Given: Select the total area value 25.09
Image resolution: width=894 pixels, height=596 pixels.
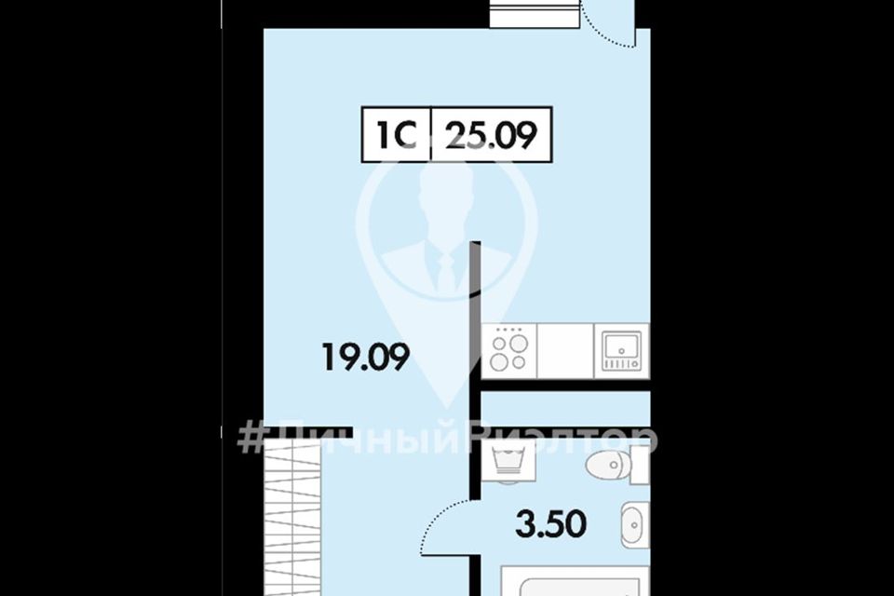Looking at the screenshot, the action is click(492, 136).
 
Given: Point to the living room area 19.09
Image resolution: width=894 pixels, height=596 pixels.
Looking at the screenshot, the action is click(366, 358).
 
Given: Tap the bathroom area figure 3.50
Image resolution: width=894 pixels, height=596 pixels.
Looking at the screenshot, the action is click(550, 524).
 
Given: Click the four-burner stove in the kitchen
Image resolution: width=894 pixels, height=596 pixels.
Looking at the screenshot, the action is click(509, 351).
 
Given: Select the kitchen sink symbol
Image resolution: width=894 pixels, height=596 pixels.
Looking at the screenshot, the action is click(622, 351).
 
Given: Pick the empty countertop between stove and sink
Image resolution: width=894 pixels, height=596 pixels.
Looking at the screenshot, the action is click(565, 351).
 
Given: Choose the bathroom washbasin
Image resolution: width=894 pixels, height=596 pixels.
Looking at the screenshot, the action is click(635, 524).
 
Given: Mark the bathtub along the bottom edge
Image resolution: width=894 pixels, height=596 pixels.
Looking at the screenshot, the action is click(575, 581).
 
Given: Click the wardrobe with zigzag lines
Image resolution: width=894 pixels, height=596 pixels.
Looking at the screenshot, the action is click(292, 519).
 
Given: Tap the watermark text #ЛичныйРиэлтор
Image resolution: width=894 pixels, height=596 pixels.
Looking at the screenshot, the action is click(447, 440).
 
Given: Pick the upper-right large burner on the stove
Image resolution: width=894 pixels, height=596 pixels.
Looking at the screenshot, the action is click(519, 344).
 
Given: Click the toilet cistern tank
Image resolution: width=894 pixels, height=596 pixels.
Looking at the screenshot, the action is click(641, 465).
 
